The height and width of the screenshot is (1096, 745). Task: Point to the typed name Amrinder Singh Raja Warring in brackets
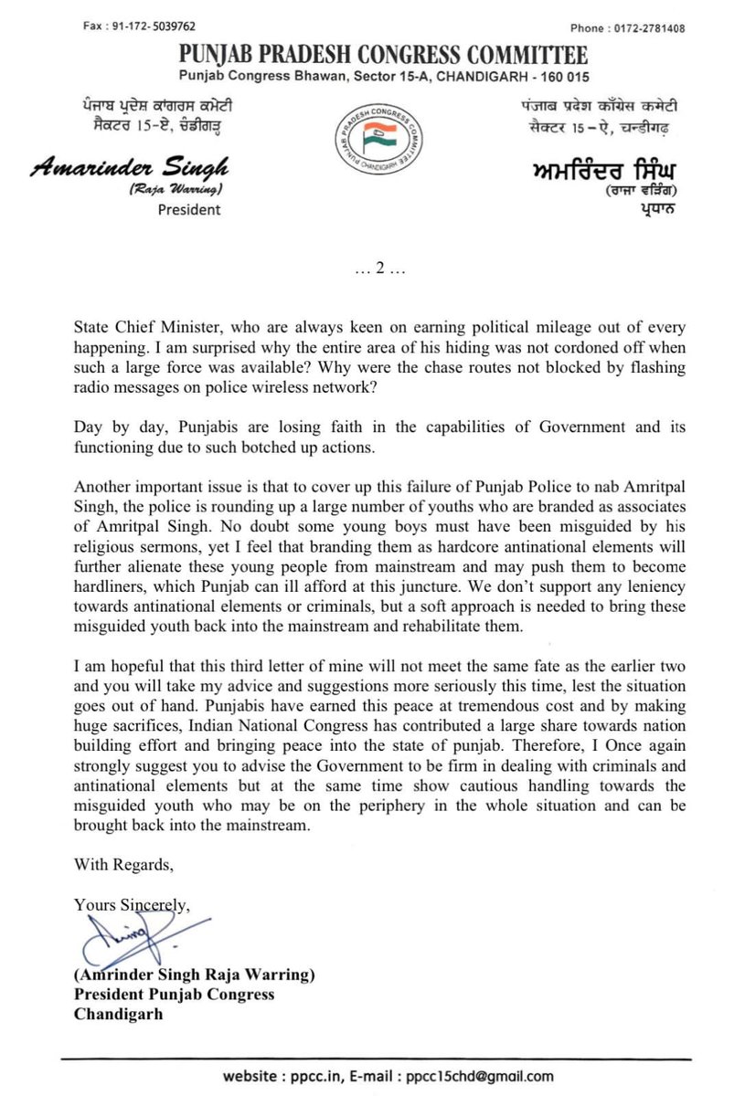(195, 975)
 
